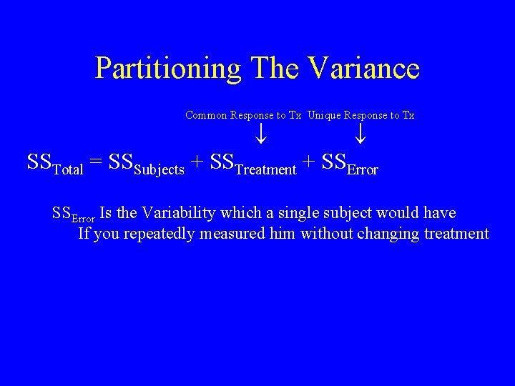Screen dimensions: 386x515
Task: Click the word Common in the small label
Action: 206,115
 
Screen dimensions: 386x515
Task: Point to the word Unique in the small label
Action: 325,115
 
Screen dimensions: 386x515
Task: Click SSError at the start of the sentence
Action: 74,214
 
